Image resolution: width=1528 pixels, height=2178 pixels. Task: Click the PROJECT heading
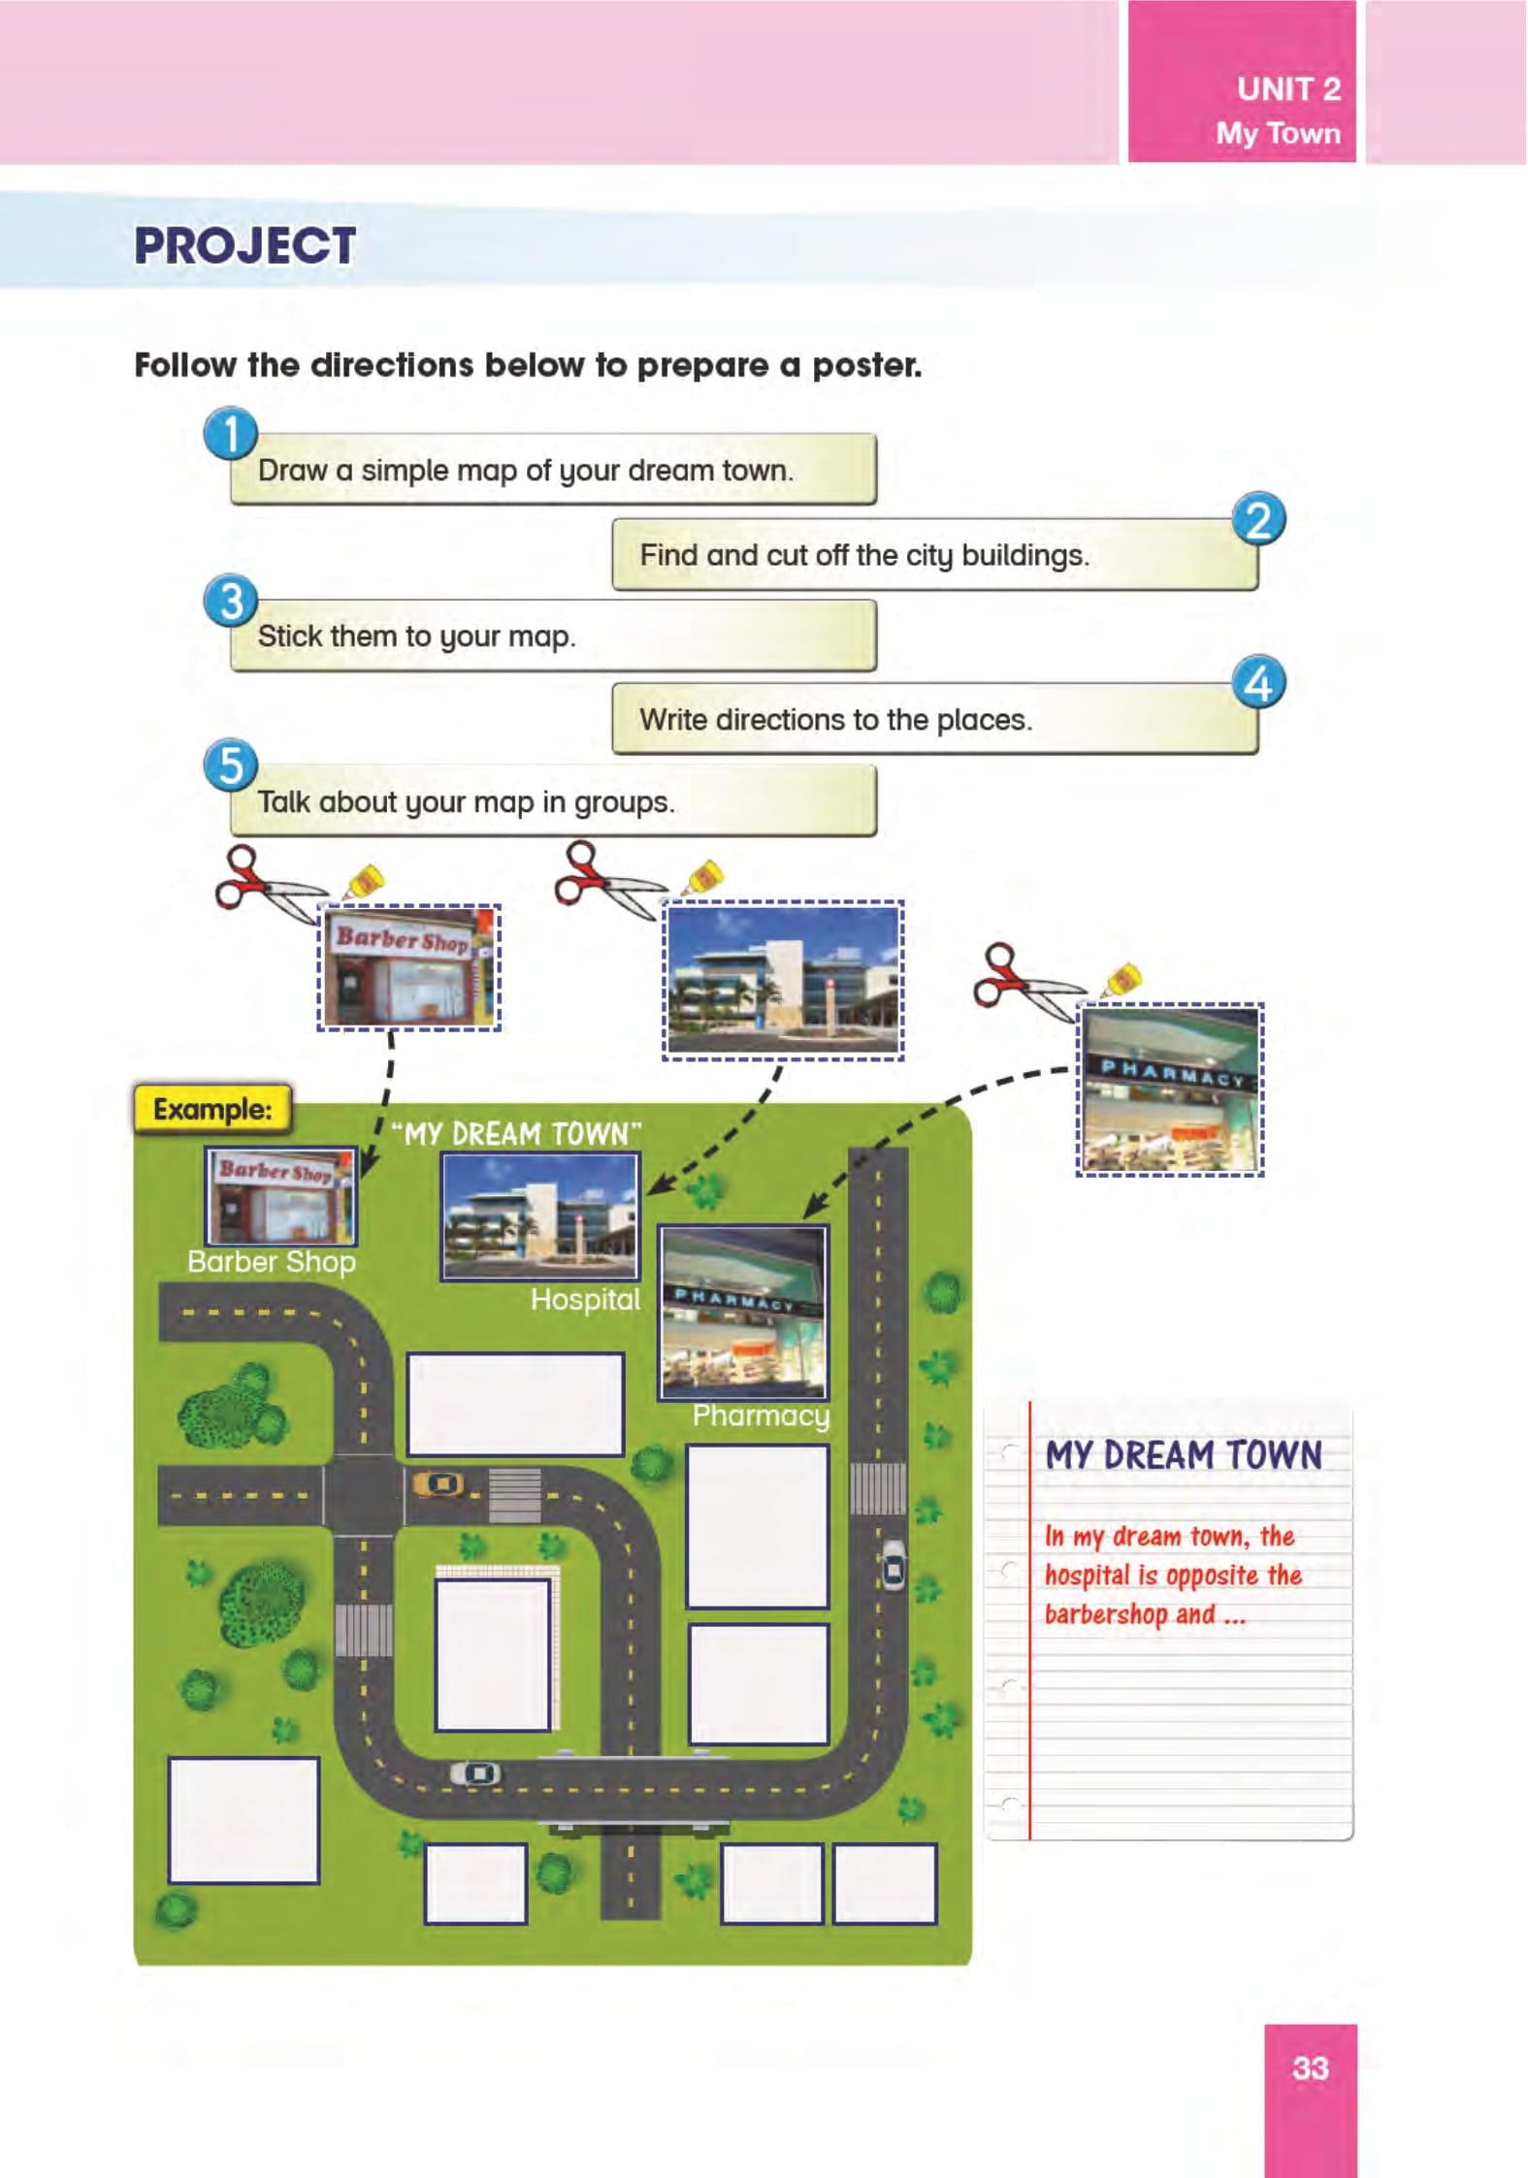(244, 245)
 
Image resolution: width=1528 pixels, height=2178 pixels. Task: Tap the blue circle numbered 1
(230, 434)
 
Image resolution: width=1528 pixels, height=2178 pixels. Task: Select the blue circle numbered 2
(1258, 519)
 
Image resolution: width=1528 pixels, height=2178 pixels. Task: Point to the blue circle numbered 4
(1258, 683)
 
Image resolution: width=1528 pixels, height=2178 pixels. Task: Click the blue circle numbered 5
(230, 765)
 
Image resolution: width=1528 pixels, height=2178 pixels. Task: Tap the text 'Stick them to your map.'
(416, 636)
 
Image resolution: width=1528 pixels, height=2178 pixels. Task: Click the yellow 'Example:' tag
(212, 1109)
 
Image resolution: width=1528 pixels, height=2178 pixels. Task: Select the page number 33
(1310, 2067)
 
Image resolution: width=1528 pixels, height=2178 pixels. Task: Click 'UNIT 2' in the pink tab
(1288, 89)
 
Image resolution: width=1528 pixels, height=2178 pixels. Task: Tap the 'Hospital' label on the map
(585, 1299)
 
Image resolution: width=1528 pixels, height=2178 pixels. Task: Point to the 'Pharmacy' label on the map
(761, 1415)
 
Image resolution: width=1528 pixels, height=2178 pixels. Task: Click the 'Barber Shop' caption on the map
(272, 1261)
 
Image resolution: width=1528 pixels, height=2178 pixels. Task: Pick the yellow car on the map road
(439, 1483)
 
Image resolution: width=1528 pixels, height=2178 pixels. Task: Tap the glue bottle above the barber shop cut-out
(366, 881)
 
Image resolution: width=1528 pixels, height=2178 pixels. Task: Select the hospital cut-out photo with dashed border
(783, 980)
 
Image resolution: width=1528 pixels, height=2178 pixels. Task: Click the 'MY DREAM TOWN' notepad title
(1184, 1455)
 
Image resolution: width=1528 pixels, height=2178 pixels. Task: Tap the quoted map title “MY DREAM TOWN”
(517, 1133)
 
